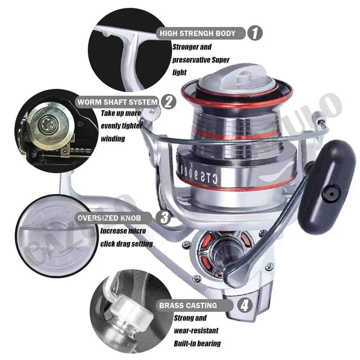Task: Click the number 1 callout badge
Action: tap(255, 33)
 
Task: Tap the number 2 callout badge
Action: tap(168, 102)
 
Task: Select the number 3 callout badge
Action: tap(165, 218)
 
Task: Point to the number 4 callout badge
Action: tap(244, 306)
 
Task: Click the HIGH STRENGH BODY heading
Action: tap(198, 33)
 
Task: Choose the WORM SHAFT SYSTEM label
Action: tap(118, 102)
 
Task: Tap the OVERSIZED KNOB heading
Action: tap(110, 218)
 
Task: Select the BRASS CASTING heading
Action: tap(188, 306)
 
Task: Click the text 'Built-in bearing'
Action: tap(197, 343)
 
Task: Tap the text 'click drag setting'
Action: tap(126, 244)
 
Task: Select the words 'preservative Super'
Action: tap(201, 60)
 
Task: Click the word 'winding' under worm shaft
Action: tap(113, 139)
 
